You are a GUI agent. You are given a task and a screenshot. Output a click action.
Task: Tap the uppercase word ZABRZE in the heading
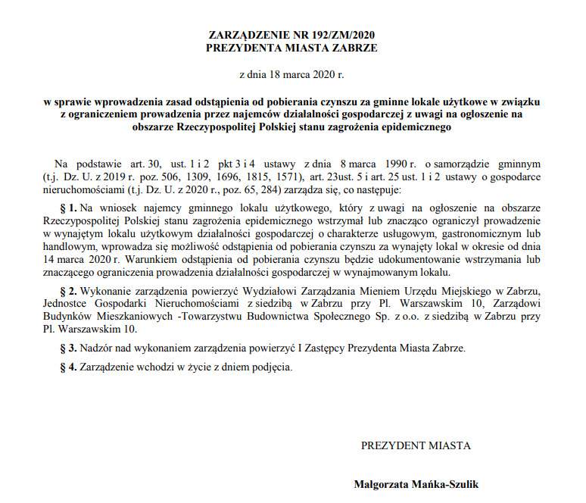(353, 47)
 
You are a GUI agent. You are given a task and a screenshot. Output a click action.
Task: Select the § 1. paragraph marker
(70, 207)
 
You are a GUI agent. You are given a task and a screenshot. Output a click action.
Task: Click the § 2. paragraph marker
(70, 290)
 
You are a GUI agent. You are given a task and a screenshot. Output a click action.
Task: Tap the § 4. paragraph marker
(70, 367)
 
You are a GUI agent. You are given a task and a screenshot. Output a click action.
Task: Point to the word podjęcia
(270, 367)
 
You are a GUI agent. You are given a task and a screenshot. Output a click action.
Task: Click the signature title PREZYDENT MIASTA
(415, 445)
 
